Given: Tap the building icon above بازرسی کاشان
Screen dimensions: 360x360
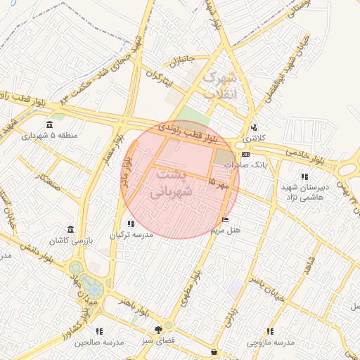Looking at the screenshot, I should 70,230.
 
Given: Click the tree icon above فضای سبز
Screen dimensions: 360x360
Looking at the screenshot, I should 158,328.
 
